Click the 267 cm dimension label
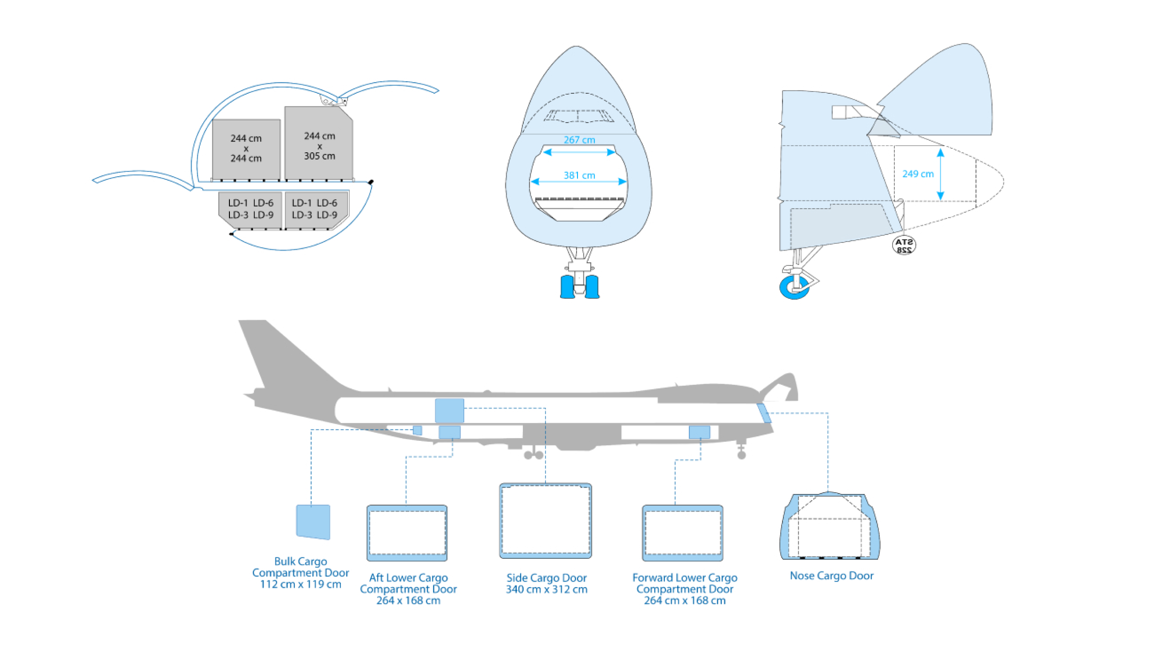pyautogui.click(x=579, y=140)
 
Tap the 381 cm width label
pyautogui.click(x=579, y=175)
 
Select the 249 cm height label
pyautogui.click(x=917, y=174)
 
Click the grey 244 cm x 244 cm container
pyautogui.click(x=246, y=148)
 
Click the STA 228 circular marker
pyautogui.click(x=903, y=246)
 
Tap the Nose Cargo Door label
pyautogui.click(x=831, y=576)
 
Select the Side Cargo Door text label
pyautogui.click(x=546, y=578)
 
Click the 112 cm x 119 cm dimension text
pyautogui.click(x=300, y=585)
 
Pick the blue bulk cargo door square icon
pyautogui.click(x=313, y=521)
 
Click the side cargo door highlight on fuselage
pyautogui.click(x=449, y=410)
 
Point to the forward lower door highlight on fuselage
pyautogui.click(x=699, y=432)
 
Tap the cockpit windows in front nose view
pyautogui.click(x=578, y=116)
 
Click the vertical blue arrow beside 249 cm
pyautogui.click(x=940, y=174)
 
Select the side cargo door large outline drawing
pyautogui.click(x=545, y=521)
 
